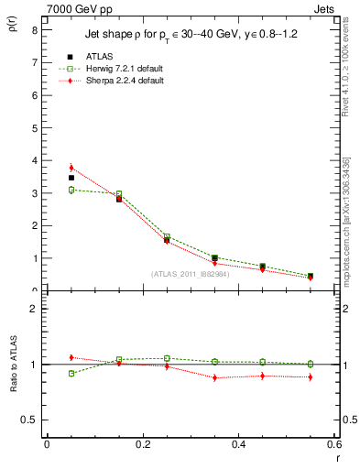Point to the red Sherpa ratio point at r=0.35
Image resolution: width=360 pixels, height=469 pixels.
(215, 377)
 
